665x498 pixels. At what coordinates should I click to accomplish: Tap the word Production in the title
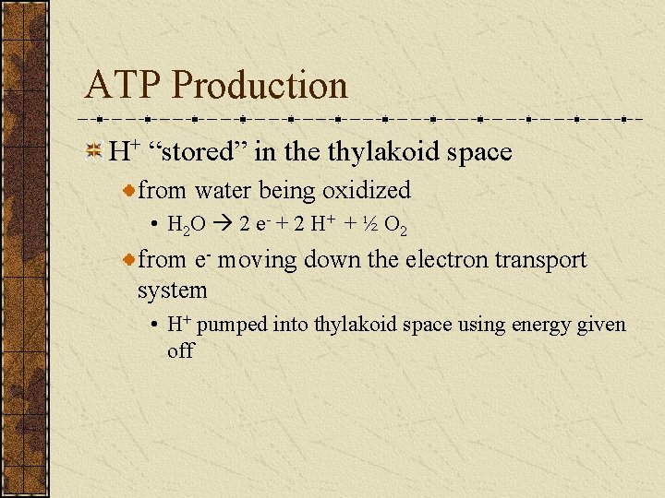[260, 86]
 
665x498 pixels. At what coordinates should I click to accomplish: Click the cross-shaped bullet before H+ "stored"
[93, 152]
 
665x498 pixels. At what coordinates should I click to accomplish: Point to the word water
[224, 191]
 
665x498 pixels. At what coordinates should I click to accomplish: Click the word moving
[259, 261]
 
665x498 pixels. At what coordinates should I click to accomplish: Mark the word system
[172, 290]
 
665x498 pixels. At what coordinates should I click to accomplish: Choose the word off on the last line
[180, 350]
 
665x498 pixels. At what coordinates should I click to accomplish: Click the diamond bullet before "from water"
[130, 191]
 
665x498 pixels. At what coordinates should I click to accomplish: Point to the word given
[605, 326]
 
